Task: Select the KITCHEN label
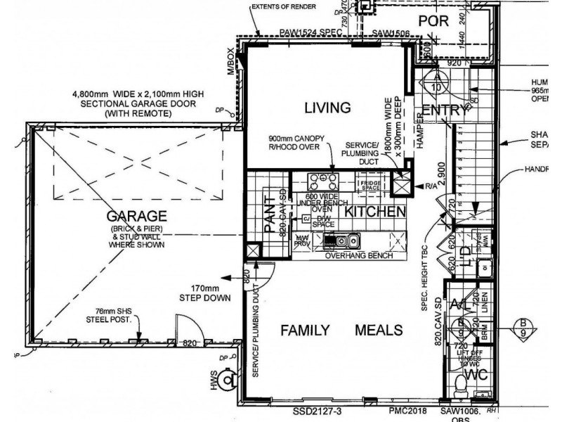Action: point(375,211)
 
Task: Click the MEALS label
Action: point(379,330)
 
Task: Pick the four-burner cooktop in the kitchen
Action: point(322,179)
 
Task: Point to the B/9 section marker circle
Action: point(523,327)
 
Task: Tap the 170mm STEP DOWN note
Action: point(210,293)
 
